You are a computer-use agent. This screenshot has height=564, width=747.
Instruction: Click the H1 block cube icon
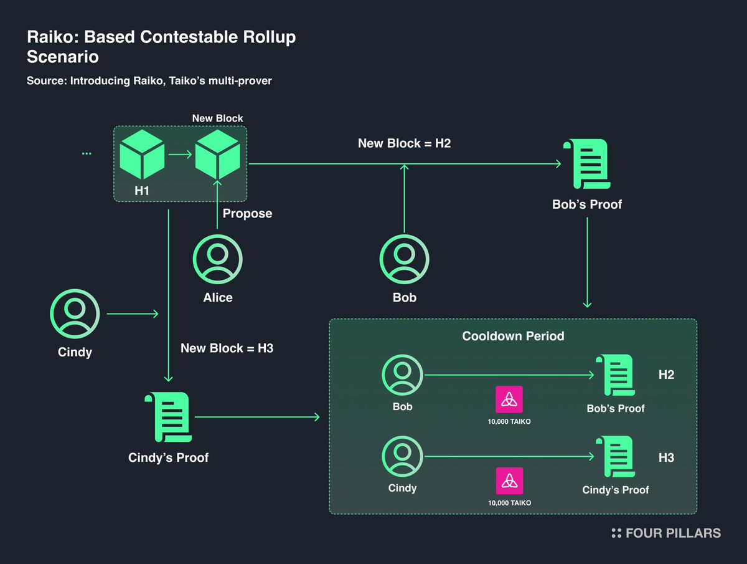142,154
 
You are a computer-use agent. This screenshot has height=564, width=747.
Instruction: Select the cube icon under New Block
217,154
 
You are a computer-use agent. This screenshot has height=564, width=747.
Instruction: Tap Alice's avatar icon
217,260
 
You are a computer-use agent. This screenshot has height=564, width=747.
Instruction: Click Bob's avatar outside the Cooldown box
405,260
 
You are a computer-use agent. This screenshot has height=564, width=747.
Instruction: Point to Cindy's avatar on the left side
75,315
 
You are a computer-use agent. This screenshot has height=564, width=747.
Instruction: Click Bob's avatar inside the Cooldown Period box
402,375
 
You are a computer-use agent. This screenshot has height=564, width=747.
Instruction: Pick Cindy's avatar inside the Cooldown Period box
402,458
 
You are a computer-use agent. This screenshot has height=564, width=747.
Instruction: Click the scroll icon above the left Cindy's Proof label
168,417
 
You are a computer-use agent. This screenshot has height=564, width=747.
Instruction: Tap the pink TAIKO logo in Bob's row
509,399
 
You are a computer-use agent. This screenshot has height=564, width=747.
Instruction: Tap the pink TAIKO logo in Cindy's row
509,481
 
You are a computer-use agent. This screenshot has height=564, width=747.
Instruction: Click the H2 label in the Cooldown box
666,375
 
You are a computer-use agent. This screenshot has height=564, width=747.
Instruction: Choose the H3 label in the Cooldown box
666,458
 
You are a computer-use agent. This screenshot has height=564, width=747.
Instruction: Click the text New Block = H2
404,143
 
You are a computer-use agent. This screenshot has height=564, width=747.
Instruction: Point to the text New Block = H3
227,348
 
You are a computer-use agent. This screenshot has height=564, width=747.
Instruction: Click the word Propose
248,214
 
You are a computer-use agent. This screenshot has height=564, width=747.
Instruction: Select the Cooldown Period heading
513,337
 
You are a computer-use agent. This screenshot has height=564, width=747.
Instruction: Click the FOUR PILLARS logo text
673,533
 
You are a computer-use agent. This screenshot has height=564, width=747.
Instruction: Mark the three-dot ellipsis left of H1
87,153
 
